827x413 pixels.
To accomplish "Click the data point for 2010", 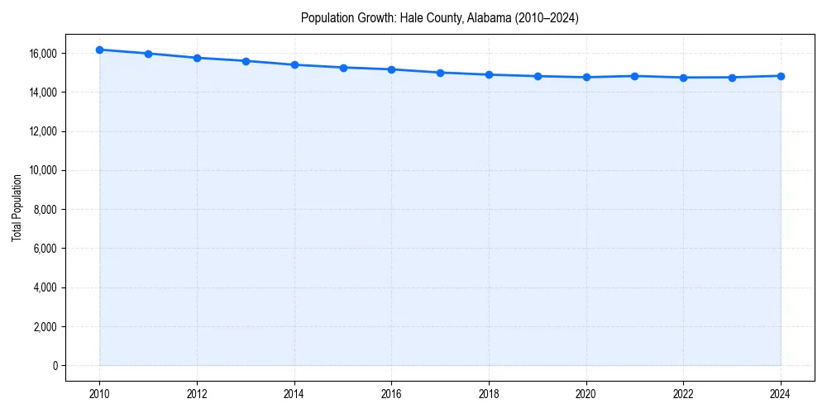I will [x=99, y=50].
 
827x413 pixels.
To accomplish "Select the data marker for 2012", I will [x=197, y=58].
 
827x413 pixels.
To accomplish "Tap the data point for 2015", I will [x=343, y=68].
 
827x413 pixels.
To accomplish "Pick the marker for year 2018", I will [x=489, y=74].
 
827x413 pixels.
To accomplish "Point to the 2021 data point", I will [x=634, y=76].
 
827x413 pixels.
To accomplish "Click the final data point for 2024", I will [x=781, y=76].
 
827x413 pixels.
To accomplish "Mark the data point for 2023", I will [x=732, y=78].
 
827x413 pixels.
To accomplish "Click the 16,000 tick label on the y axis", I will [x=42, y=54].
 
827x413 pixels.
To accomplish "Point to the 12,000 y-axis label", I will [x=42, y=131].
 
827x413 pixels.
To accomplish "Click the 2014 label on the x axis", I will [x=294, y=393].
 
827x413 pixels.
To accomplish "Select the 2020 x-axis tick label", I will [x=586, y=393].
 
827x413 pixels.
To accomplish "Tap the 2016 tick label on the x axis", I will [x=391, y=393].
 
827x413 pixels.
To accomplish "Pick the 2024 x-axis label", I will [x=781, y=393].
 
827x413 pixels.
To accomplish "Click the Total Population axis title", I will [x=17, y=207].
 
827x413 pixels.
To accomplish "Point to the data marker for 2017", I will [x=440, y=73].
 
